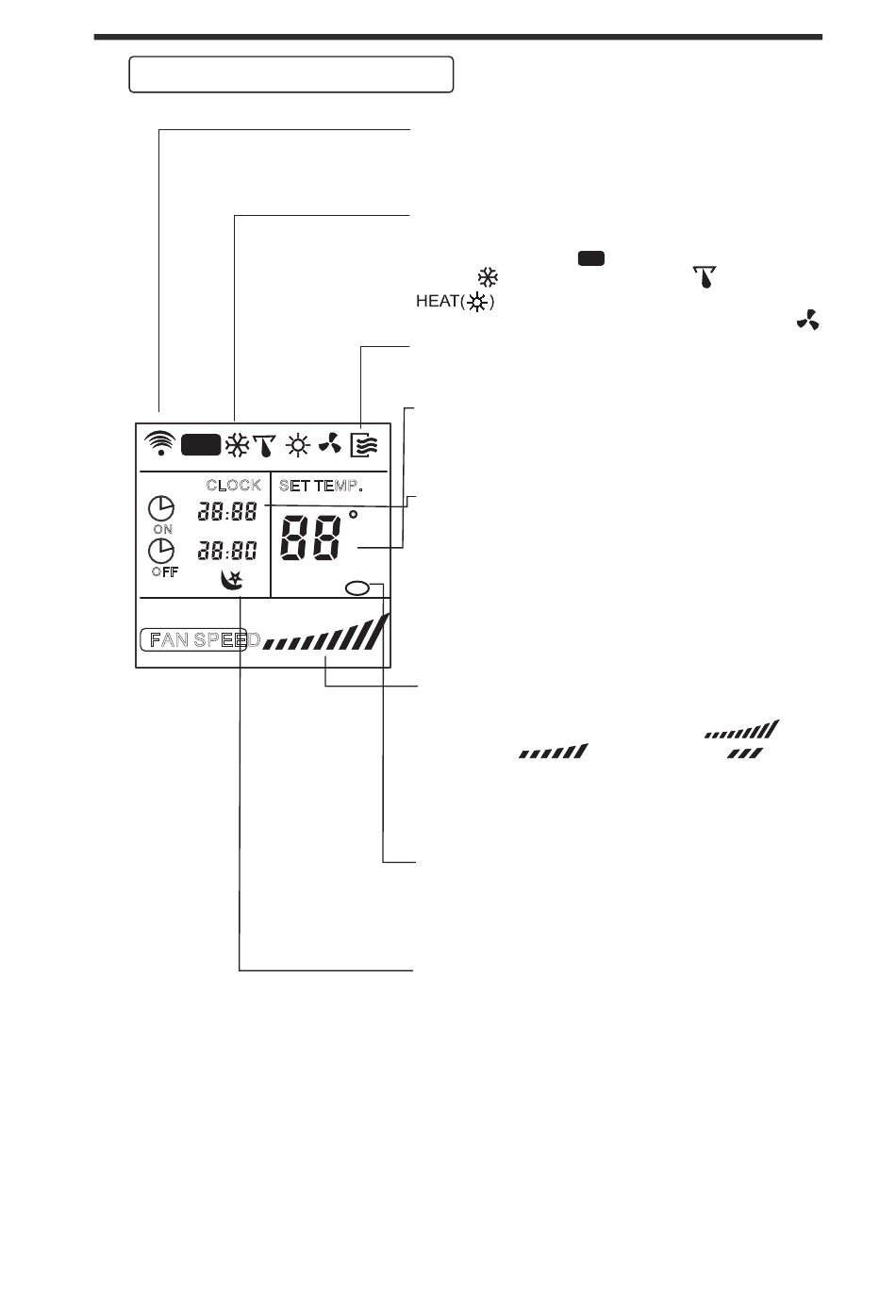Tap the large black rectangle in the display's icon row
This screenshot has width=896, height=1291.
coord(201,445)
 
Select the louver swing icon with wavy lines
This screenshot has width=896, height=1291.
coord(365,444)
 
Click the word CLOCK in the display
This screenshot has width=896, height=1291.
coord(234,486)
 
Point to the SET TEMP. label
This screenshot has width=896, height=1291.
coord(321,486)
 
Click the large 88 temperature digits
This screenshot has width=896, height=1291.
coord(311,538)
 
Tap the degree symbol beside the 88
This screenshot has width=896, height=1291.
coord(353,516)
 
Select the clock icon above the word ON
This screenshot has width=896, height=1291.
coord(161,508)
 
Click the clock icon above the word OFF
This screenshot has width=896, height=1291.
coord(162,551)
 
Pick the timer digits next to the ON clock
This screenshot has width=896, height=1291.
coord(227,512)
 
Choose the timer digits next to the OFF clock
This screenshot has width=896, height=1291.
coord(227,551)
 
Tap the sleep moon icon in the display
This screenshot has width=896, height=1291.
coord(231,580)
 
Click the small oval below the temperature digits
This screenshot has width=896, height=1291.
coord(358,588)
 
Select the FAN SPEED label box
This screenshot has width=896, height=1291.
coord(194,640)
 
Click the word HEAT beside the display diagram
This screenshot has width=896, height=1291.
coord(438,302)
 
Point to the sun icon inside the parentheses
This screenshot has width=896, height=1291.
coord(480,303)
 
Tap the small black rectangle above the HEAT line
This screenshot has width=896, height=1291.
coord(591,257)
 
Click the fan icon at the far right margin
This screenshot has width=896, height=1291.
coord(808,321)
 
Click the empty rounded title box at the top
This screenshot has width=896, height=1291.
coord(291,74)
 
